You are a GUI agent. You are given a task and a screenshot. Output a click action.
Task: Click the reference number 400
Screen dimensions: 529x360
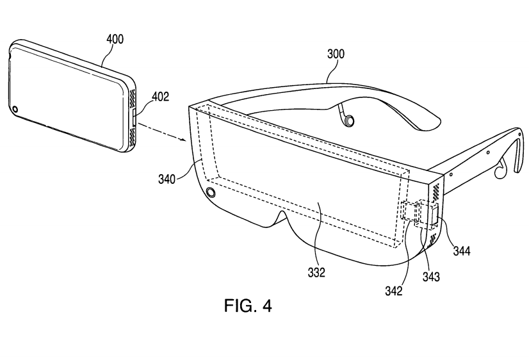pyautogui.click(x=115, y=40)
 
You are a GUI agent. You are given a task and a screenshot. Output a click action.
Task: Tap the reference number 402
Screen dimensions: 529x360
pyautogui.click(x=160, y=97)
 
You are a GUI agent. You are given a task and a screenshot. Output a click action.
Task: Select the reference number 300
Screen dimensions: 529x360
pyautogui.click(x=336, y=54)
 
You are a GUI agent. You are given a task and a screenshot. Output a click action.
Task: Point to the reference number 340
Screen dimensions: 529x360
pyautogui.click(x=167, y=179)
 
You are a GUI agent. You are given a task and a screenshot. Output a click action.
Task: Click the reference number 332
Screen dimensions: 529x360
pyautogui.click(x=316, y=272)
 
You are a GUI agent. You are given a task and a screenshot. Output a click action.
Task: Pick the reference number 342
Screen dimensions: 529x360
pyautogui.click(x=394, y=291)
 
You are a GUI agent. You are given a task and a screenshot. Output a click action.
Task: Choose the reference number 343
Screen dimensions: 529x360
pyautogui.click(x=431, y=277)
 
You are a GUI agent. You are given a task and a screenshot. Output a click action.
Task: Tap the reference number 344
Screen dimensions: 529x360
pyautogui.click(x=462, y=250)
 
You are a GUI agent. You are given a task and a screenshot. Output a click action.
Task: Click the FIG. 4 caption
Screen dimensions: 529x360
pyautogui.click(x=248, y=306)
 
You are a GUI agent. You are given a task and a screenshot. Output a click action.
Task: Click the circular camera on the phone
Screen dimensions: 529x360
pyautogui.click(x=14, y=110)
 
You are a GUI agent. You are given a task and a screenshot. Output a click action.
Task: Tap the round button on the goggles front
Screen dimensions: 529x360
pyautogui.click(x=211, y=192)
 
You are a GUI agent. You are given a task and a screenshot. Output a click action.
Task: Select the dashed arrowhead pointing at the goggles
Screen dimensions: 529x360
pyautogui.click(x=184, y=140)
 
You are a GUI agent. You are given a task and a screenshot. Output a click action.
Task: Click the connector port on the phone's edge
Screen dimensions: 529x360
pyautogui.click(x=134, y=117)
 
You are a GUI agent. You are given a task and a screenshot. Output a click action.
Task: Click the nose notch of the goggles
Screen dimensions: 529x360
pyautogui.click(x=281, y=218)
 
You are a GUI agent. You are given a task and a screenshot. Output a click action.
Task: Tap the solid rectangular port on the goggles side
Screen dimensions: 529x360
pyautogui.click(x=434, y=216)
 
